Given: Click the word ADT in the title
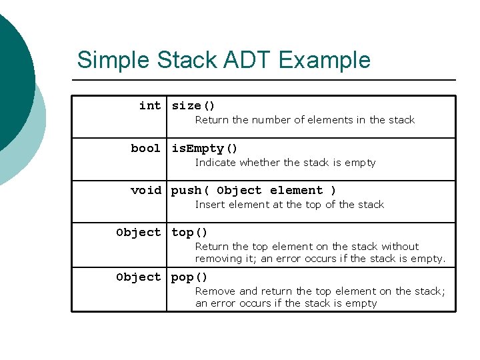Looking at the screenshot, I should pos(250,60).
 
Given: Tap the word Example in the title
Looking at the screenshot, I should pos(325,61).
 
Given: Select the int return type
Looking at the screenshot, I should pos(150,105).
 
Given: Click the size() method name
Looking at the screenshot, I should pos(193,105).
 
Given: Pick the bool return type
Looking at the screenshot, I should pos(146,148).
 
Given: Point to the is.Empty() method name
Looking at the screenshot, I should pos(205,148).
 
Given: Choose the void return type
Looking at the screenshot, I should pos(146,190).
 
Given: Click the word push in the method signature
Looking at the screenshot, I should pos(187,190).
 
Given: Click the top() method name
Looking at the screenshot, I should pos(189,232).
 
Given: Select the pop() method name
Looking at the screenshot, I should pos(189,277).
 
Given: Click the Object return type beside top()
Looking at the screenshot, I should pos(138,232).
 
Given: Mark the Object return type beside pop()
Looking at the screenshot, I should pos(138,277).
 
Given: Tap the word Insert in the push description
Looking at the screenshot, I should pos(210,205).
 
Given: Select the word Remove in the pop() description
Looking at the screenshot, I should pos(215,291).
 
